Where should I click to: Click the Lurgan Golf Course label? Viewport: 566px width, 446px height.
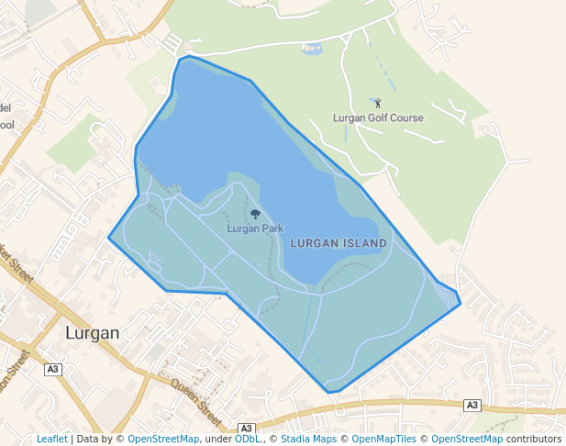pos(378,118)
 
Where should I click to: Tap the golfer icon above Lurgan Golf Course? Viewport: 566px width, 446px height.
pos(377,104)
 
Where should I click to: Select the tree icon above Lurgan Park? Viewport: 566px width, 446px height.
pos(255,214)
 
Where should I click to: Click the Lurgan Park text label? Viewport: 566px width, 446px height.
pos(255,229)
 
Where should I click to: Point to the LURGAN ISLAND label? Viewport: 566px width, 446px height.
pos(338,243)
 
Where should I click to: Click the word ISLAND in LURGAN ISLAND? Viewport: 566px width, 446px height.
pos(366,243)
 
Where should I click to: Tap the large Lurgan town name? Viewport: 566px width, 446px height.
pos(93,332)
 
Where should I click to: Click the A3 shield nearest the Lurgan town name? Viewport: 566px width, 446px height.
pos(52,369)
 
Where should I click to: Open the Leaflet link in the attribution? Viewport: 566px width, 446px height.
pos(51,439)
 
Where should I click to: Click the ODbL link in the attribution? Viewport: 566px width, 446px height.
pos(248,439)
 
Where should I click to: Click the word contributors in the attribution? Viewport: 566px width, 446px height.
pos(533,439)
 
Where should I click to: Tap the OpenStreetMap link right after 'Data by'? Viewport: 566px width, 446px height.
pos(163,439)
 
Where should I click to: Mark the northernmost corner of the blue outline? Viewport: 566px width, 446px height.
pos(189,56)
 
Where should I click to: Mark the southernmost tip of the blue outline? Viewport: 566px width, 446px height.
pos(329,393)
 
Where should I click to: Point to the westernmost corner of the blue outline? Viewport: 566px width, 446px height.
pos(108,238)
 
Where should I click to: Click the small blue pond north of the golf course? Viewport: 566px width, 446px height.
pos(311,49)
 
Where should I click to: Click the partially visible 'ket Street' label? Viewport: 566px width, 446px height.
pos(17,266)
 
